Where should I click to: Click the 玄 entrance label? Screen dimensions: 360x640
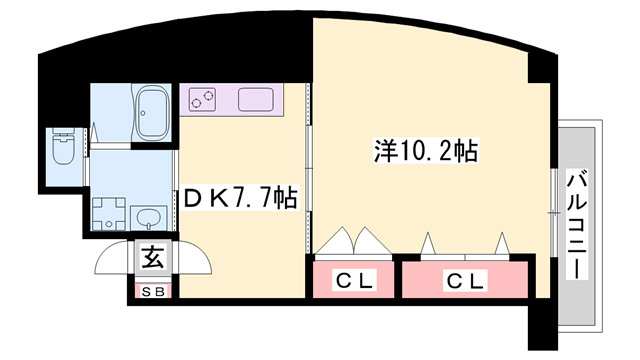[152, 259]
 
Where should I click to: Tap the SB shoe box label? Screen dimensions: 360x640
[152, 292]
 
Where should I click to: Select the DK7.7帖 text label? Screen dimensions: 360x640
[239, 198]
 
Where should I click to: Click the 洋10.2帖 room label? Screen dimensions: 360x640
[424, 151]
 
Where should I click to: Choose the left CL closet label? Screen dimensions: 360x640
[354, 282]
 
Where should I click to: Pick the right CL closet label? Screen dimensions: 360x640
[466, 282]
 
